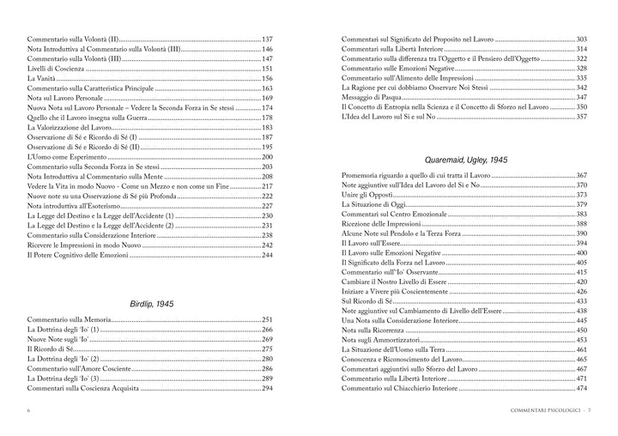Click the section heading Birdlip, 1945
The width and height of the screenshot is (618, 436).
click(150, 304)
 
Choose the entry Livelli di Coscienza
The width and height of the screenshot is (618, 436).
click(58, 69)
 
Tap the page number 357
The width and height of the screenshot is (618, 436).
click(581, 117)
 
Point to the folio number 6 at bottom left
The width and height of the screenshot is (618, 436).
click(29, 412)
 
